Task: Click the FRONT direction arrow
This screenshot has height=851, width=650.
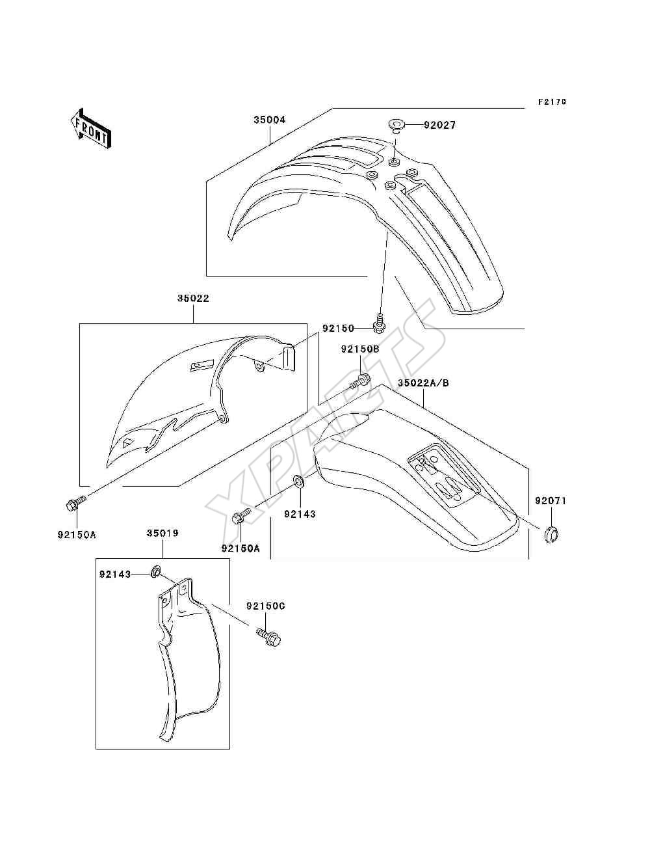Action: pyautogui.click(x=91, y=128)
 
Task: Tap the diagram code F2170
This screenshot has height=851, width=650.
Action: pyautogui.click(x=552, y=102)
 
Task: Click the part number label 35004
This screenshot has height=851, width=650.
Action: pyautogui.click(x=270, y=120)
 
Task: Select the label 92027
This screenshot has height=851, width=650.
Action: pyautogui.click(x=439, y=125)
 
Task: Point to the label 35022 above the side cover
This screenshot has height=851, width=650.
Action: pyautogui.click(x=193, y=298)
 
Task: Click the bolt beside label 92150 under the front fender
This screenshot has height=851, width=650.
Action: pyautogui.click(x=378, y=326)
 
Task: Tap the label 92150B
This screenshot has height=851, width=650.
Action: pyautogui.click(x=360, y=349)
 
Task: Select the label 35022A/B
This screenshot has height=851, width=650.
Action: pyautogui.click(x=423, y=383)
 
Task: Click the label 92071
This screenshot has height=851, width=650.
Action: pyautogui.click(x=551, y=501)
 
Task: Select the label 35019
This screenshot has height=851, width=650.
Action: pyautogui.click(x=162, y=534)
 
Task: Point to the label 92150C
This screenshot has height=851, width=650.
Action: pyautogui.click(x=266, y=606)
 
